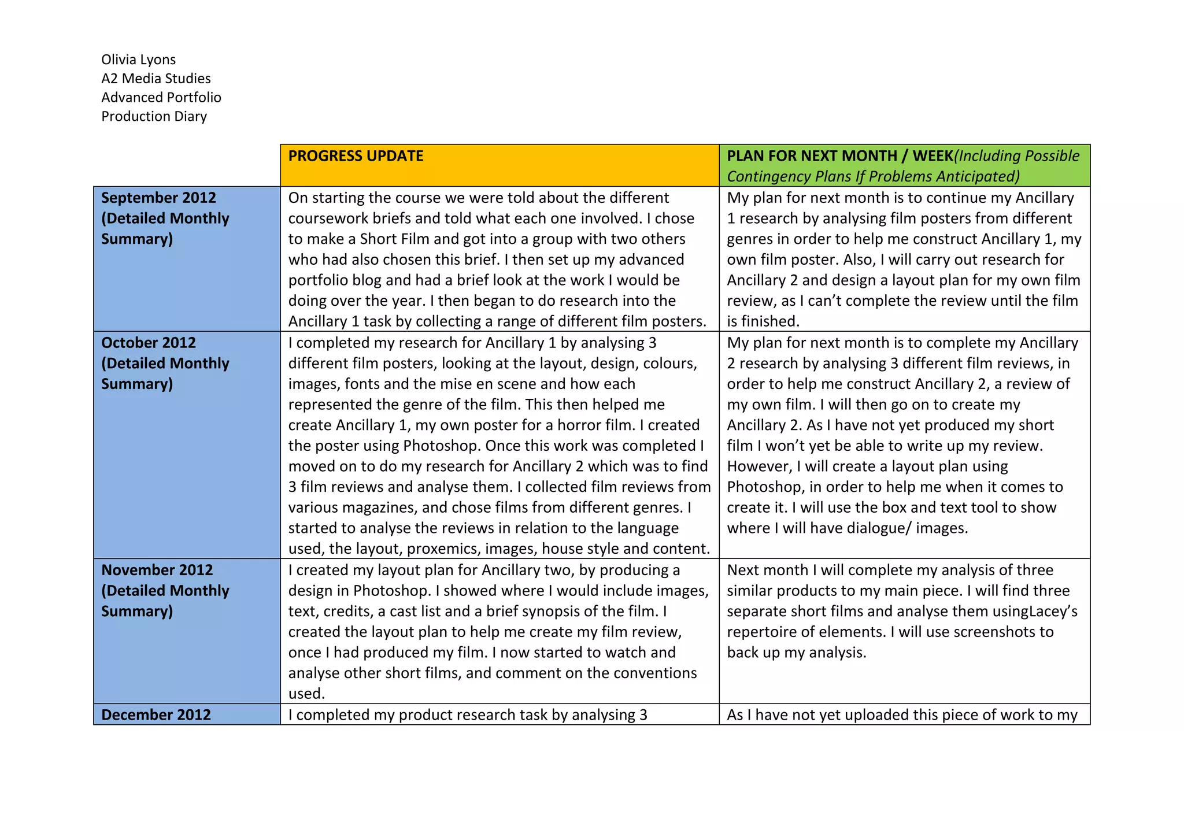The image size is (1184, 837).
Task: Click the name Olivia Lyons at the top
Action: pyautogui.click(x=138, y=60)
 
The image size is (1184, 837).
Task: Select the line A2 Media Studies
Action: pyautogui.click(x=156, y=79)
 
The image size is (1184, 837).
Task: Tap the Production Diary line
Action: pyautogui.click(x=154, y=116)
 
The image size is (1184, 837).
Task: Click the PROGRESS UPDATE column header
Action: pyautogui.click(x=356, y=156)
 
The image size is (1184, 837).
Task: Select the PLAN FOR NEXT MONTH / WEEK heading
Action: pyautogui.click(x=839, y=156)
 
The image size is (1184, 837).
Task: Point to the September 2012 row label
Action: pyautogui.click(x=158, y=198)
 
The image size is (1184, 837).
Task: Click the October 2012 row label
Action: pyautogui.click(x=149, y=343)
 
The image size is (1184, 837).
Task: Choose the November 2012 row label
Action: pyautogui.click(x=157, y=570)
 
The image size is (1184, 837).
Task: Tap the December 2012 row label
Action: pyautogui.click(x=156, y=715)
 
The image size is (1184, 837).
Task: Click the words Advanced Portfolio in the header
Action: pyautogui.click(x=161, y=97)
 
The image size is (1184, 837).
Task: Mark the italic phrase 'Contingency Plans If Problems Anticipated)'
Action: pyautogui.click(x=872, y=176)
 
